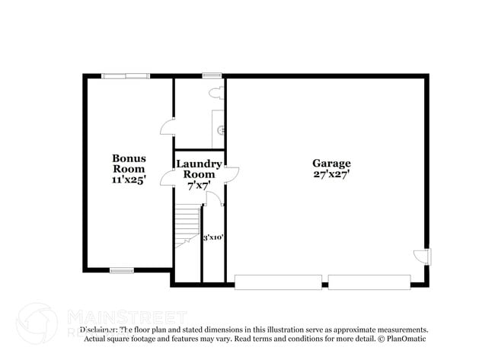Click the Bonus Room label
[x=129, y=164]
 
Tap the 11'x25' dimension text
[x=129, y=180]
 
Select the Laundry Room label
[x=199, y=169]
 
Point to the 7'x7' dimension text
[x=199, y=185]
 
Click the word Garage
[x=331, y=163]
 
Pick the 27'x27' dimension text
[x=331, y=174]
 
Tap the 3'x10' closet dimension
[x=212, y=237]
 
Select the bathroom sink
[x=222, y=130]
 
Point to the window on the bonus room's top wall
[x=126, y=75]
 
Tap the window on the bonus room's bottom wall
[x=122, y=270]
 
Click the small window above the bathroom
[x=212, y=75]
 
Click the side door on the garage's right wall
[x=425, y=256]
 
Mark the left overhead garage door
[x=278, y=282]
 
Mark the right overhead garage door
[x=369, y=282]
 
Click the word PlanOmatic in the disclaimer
[x=407, y=339]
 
